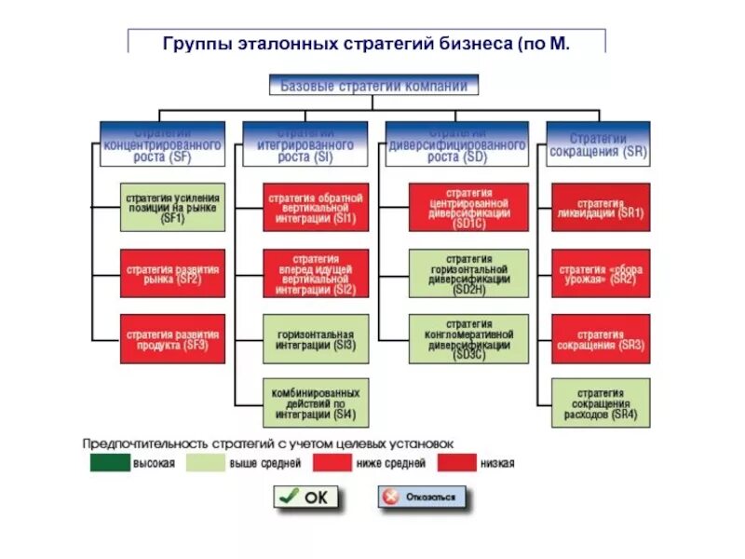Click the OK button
tap(306, 497)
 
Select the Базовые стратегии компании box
tap(373, 86)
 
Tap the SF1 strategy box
tap(172, 207)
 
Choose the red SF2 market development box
tap(172, 272)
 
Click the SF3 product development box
tap(172, 338)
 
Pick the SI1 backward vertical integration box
tap(316, 207)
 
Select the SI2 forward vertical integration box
tap(316, 274)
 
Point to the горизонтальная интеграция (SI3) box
tap(316, 338)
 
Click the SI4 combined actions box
tap(316, 402)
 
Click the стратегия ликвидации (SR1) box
tap(601, 207)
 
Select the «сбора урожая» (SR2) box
tap(601, 273)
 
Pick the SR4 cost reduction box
tap(601, 402)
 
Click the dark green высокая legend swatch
tap(110, 462)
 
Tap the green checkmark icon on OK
tap(290, 496)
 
